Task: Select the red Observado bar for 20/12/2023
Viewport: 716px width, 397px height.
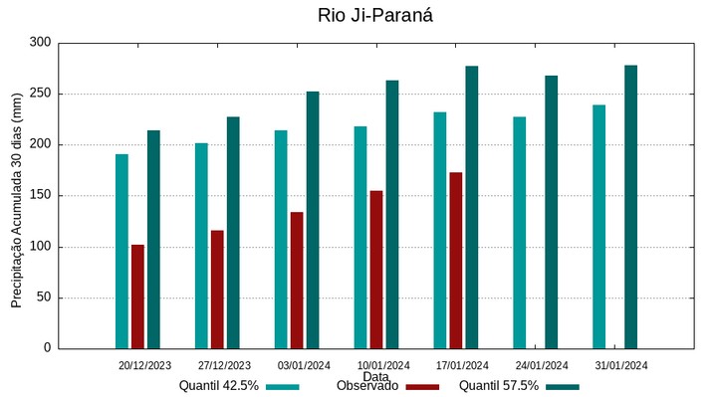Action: pyautogui.click(x=137, y=297)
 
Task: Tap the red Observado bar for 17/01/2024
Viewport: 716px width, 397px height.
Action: pyautogui.click(x=456, y=261)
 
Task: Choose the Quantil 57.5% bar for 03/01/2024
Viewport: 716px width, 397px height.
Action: pyautogui.click(x=313, y=220)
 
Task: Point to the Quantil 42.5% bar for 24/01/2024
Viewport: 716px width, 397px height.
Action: pyautogui.click(x=520, y=233)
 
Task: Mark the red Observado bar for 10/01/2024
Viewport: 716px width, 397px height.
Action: pyautogui.click(x=376, y=270)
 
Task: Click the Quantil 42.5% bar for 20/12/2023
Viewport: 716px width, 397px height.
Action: pyautogui.click(x=121, y=252)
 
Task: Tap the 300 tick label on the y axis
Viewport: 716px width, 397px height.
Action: pyautogui.click(x=40, y=43)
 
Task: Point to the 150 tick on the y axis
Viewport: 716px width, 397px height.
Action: pyautogui.click(x=40, y=196)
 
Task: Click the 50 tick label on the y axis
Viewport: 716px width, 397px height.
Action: pyautogui.click(x=44, y=298)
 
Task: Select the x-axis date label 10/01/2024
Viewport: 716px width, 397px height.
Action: pyautogui.click(x=383, y=365)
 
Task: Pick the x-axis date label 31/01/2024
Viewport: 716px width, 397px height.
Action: pyautogui.click(x=621, y=365)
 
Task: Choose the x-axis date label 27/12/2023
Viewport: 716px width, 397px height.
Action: pyautogui.click(x=224, y=365)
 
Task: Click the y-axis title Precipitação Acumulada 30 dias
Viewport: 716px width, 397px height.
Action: pyautogui.click(x=17, y=200)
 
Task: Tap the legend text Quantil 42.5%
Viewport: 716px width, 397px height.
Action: pyautogui.click(x=219, y=386)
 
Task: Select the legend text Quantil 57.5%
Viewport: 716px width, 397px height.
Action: pyautogui.click(x=499, y=386)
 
